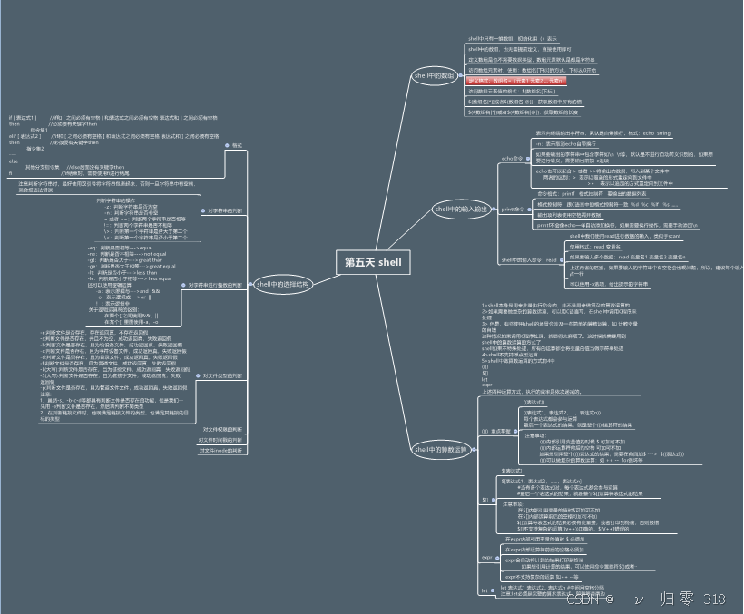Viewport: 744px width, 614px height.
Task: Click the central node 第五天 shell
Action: tap(372, 262)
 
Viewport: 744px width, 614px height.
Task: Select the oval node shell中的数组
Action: tap(434, 75)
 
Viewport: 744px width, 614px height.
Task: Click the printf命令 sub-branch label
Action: tap(514, 209)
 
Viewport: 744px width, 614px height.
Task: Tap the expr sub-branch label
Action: tap(486, 556)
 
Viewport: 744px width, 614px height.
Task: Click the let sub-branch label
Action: tap(485, 590)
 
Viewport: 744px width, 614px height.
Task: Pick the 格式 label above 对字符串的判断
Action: tap(237, 145)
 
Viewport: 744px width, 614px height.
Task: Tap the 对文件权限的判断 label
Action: tap(222, 429)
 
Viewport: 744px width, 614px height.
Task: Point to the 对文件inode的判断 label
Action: tap(221, 450)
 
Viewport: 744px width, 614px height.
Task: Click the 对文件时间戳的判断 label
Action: tap(221, 439)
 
